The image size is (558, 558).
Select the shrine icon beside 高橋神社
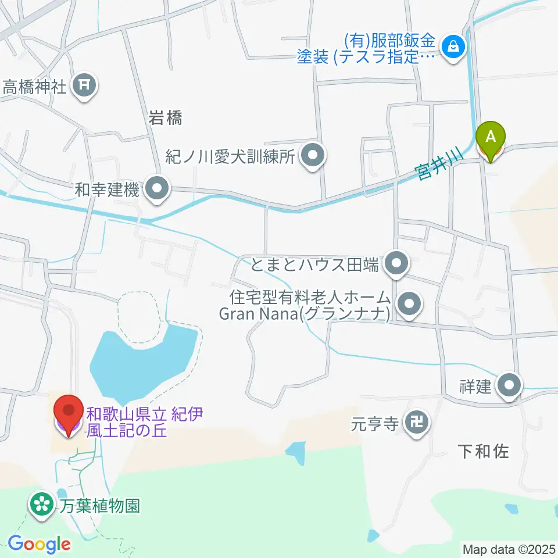click(x=85, y=87)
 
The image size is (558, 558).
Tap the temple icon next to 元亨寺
click(x=417, y=423)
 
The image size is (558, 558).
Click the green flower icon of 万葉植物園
click(x=42, y=503)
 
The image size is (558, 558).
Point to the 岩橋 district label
click(x=165, y=119)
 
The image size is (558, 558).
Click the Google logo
click(x=39, y=544)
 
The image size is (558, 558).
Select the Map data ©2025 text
click(x=509, y=549)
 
